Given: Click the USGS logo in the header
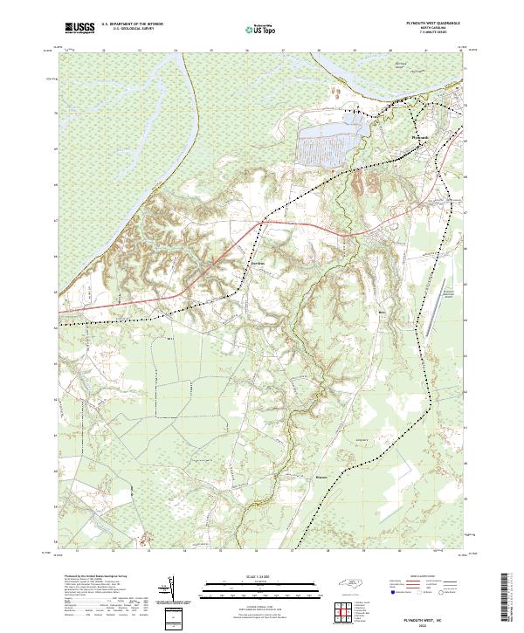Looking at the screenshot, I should tap(79, 28).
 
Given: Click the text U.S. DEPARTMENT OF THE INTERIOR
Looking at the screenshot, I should tap(132, 24).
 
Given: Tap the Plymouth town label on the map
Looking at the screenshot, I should tap(420, 137).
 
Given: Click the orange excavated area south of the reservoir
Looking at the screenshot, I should tap(362, 183).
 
